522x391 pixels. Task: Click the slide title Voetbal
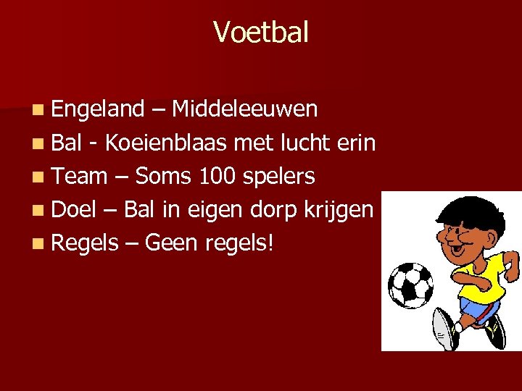pos(261,32)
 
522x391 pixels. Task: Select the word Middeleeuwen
pos(245,109)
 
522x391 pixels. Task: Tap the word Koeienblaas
pos(166,143)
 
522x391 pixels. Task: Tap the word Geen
pos(172,243)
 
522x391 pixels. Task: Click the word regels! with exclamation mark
pos(240,243)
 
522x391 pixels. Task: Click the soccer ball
pos(410,285)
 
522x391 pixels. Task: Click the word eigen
pos(212,211)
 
